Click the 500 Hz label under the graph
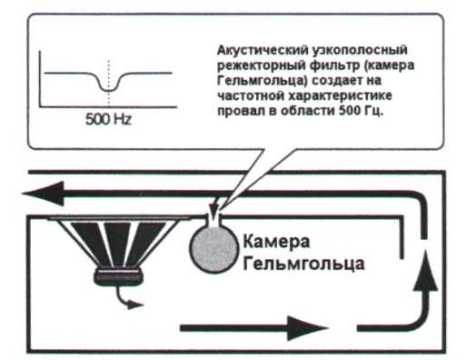[108, 119]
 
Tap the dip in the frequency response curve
[108, 89]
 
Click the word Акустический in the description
[262, 50]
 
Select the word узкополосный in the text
[359, 50]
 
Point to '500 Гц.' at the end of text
[361, 111]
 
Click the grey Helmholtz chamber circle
[213, 248]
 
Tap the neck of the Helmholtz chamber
[213, 219]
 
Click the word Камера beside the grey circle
[276, 242]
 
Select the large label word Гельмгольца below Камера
[303, 264]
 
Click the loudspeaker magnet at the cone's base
[118, 276]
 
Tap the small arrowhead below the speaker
[135, 305]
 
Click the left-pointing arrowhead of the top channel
[43, 194]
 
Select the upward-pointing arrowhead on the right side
[426, 272]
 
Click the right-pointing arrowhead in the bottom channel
[307, 328]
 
